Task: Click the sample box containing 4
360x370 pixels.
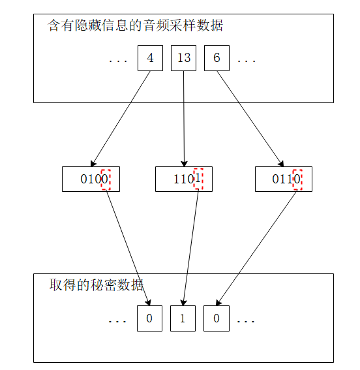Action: tap(150, 58)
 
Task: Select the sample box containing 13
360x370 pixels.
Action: tap(183, 58)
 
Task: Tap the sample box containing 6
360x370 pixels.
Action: tap(217, 58)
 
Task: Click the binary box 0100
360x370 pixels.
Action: tap(91, 179)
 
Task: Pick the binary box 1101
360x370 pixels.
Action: tap(183, 179)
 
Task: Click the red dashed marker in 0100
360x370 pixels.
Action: tap(106, 179)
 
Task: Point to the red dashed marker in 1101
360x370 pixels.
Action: tap(199, 179)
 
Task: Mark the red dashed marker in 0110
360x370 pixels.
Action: tap(297, 179)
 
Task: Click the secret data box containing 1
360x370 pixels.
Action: tap(183, 318)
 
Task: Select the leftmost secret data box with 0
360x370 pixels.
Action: tap(149, 318)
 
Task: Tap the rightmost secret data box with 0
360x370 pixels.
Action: tap(217, 318)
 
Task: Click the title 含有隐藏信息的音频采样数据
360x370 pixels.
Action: tap(136, 26)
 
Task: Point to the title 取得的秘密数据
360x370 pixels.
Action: tap(97, 285)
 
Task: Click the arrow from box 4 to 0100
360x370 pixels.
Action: tap(121, 118)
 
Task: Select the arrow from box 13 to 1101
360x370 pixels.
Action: tap(184, 118)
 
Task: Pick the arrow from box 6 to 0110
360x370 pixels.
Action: tap(250, 118)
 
